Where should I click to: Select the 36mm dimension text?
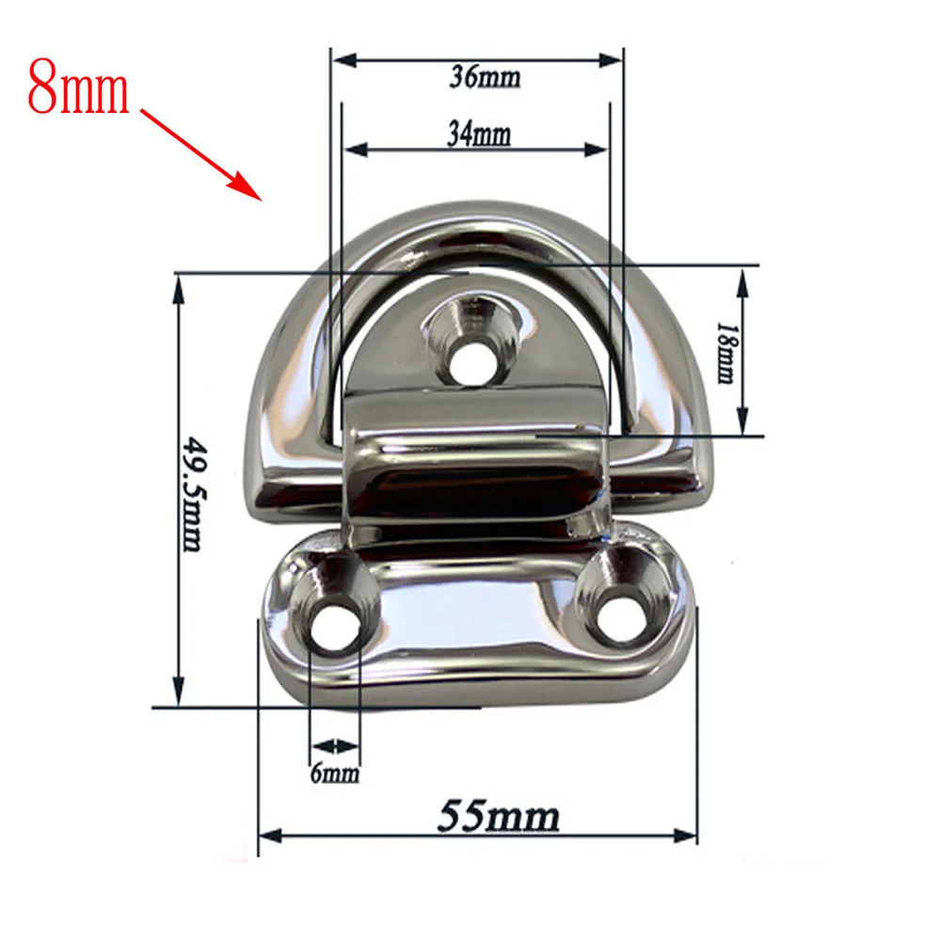click(485, 77)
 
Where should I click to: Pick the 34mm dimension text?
click(479, 134)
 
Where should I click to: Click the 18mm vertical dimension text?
click(726, 353)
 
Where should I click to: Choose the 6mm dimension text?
click(335, 773)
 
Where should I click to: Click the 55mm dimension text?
click(500, 816)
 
